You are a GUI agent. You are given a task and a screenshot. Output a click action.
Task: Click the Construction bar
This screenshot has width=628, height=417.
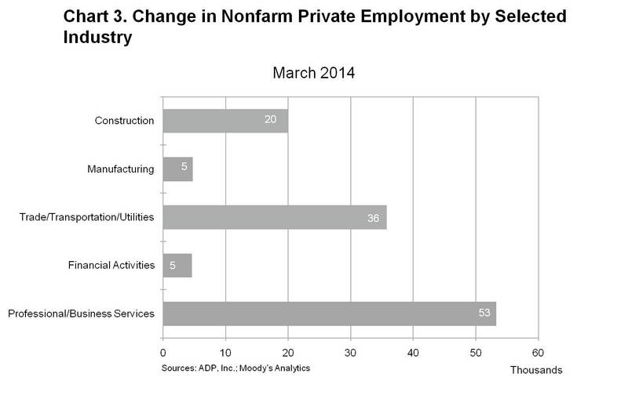pos(225,121)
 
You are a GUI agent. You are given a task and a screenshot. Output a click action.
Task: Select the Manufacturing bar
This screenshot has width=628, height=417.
pos(177,169)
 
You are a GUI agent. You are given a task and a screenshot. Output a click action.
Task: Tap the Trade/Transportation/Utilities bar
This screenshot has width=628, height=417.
pos(275,217)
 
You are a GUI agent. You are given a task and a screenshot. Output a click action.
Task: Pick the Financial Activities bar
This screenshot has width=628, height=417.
pos(177,265)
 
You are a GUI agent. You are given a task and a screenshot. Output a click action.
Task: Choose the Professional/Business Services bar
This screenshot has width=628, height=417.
pos(329,314)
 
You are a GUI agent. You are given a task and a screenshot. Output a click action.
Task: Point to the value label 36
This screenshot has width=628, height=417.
pos(372,217)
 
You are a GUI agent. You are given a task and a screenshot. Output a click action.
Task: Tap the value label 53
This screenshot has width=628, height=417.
pos(484,314)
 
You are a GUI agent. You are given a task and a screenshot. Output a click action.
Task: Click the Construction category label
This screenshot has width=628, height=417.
pos(124,121)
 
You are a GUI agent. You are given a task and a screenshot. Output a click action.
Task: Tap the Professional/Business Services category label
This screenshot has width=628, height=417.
pos(81,314)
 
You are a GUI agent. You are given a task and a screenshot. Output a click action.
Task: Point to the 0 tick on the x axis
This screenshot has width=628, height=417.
pos(162,353)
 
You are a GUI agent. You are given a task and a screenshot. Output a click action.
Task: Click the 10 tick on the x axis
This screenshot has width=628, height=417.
pos(225,353)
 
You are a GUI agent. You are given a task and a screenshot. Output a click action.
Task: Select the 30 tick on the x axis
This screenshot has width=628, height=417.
pos(350,353)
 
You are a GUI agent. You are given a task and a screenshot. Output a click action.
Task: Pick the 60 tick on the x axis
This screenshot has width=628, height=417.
pos(538,353)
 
